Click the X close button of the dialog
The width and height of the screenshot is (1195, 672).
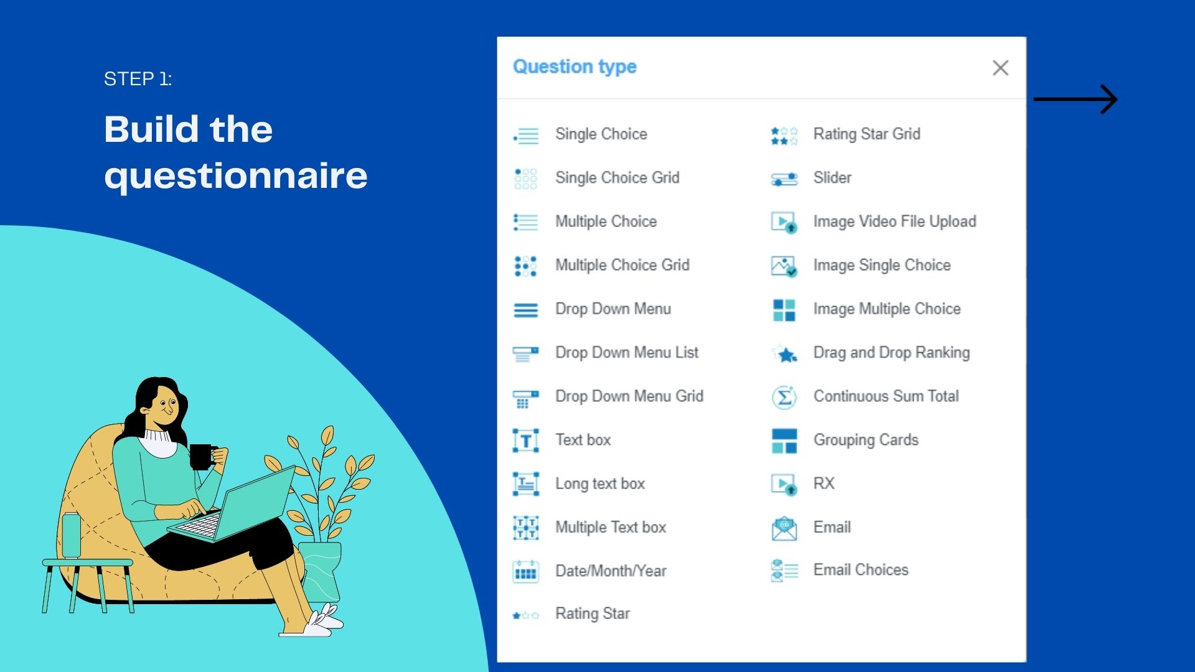[1000, 68]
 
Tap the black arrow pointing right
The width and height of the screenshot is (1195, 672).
[1075, 99]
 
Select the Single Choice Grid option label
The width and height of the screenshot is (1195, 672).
[617, 178]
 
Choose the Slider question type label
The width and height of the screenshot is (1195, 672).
[832, 178]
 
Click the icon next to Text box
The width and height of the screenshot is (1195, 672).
[525, 441]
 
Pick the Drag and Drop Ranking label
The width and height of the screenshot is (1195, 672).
[891, 353]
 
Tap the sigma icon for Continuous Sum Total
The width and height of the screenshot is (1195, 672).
[784, 397]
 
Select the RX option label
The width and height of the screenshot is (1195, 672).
[823, 483]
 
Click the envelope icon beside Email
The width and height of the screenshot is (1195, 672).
[784, 528]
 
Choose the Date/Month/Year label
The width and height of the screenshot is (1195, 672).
[611, 571]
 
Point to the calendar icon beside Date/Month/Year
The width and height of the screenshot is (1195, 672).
[525, 571]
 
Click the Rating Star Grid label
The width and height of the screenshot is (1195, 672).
[866, 134]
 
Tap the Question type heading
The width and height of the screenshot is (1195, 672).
[574, 67]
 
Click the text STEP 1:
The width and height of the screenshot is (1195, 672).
[138, 79]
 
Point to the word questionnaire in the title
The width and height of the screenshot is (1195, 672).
[236, 176]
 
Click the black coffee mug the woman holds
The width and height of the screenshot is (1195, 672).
[202, 457]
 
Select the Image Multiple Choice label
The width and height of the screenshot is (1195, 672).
[887, 309]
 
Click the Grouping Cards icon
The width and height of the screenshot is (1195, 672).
[784, 441]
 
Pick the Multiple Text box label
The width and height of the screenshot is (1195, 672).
[611, 527]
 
